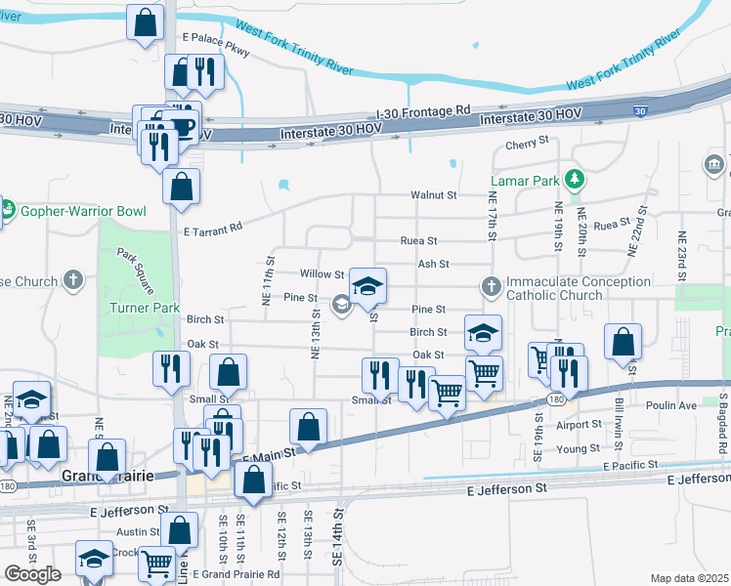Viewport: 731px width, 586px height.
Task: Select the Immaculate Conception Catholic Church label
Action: [x=580, y=288]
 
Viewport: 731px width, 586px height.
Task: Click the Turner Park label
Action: [x=144, y=309]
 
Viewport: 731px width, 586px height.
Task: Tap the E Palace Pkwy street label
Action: [x=216, y=38]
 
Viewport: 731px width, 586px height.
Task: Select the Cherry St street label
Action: [x=528, y=143]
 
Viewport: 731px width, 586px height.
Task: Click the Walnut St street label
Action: [x=434, y=195]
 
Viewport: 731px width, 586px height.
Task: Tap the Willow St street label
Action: [x=322, y=275]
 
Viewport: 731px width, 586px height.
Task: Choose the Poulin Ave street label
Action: [x=670, y=404]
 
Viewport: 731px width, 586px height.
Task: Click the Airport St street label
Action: [x=577, y=425]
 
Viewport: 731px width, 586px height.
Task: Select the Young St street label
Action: [x=578, y=449]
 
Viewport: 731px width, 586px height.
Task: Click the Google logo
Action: [x=32, y=574]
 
